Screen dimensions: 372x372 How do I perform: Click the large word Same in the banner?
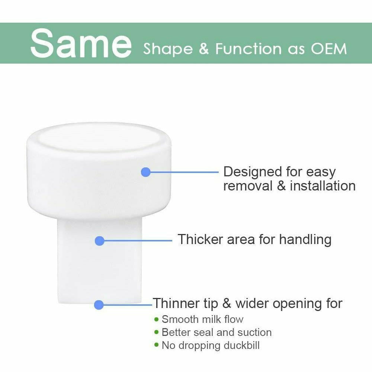tap(81, 43)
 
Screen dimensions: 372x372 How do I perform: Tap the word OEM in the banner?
tap(328, 49)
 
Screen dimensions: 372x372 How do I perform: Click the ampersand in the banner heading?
tap(204, 49)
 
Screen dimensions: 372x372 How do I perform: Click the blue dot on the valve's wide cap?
tap(146, 172)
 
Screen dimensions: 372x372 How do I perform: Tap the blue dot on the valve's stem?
tap(99, 241)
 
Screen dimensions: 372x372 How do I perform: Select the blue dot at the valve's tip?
tap(99, 305)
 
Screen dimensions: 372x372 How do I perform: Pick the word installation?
tap(323, 186)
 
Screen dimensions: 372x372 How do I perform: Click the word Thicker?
tap(201, 239)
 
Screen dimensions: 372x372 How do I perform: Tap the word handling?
tap(305, 240)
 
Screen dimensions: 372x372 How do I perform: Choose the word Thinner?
tap(176, 303)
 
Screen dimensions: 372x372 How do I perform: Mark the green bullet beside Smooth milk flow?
tap(156, 319)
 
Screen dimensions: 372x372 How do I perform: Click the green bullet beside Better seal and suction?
tap(156, 332)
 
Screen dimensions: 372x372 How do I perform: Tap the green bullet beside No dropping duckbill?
tap(156, 345)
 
